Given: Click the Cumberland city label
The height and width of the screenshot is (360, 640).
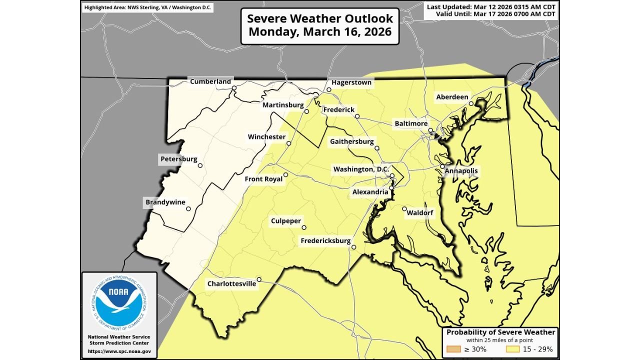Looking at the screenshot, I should pos(210,81).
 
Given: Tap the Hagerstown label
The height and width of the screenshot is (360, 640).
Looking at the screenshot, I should pos(351,82).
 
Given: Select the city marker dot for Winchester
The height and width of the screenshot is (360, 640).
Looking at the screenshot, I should pos(288,143).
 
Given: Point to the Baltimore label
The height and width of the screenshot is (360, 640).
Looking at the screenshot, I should pos(411,123).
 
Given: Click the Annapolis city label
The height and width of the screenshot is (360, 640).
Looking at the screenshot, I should pos(461,171).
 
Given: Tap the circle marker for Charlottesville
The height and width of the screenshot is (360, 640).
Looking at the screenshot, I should pos(259,279).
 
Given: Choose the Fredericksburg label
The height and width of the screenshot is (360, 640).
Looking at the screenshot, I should pos(325,241).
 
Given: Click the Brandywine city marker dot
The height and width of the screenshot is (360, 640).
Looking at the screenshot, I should pos(188,209).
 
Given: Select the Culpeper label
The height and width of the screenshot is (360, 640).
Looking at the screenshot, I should pos(286,220).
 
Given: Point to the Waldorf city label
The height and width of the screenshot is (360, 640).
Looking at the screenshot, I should pos(420,213).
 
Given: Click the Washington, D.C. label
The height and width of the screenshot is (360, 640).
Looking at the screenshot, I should pos(361,169).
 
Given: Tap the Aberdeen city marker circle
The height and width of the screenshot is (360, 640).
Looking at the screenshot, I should pos(471,103).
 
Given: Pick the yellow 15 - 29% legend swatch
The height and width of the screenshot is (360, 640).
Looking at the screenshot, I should pos(514,349).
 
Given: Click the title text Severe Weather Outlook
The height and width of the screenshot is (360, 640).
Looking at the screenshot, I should pos(320,18).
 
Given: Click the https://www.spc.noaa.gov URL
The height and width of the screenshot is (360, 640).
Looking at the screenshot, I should pos(119,351).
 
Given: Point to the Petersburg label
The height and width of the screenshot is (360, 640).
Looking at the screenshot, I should pos(179,159).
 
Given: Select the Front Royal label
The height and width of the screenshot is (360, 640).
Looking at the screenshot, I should pos(263,179).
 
